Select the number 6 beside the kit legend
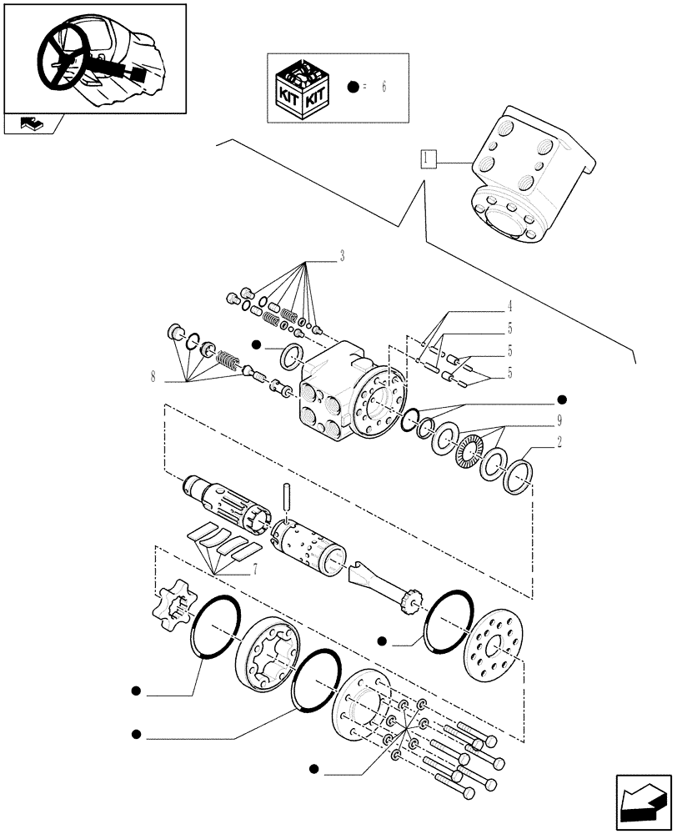[x=384, y=88]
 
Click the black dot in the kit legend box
[x=354, y=88]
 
